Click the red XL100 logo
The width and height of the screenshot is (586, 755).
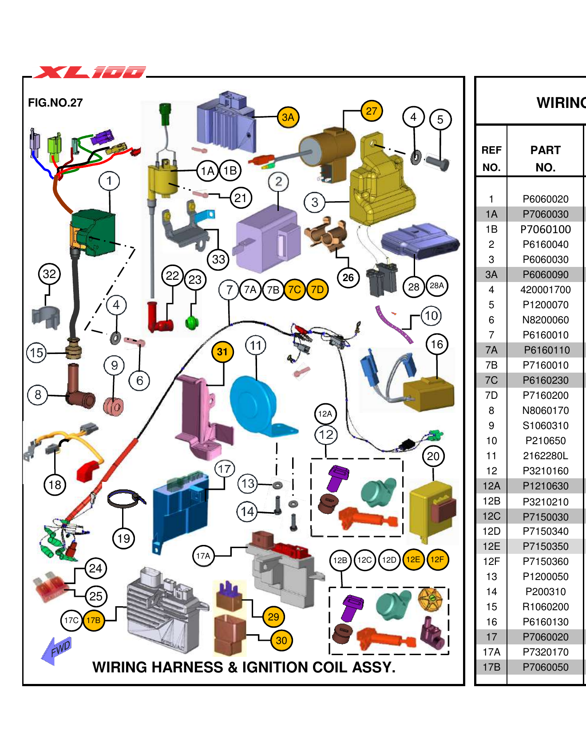click(90, 72)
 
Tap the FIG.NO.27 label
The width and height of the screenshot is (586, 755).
click(55, 103)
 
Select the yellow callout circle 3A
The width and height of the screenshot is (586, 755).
click(288, 117)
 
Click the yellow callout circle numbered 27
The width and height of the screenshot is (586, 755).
click(372, 111)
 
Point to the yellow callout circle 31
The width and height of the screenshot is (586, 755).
click(222, 352)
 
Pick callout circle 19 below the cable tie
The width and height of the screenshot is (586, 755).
click(123, 539)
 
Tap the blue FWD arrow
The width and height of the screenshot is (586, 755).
click(56, 651)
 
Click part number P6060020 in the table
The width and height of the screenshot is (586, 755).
click(545, 199)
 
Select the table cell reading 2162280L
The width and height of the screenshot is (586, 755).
click(545, 456)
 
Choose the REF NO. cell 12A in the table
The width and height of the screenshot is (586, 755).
click(491, 486)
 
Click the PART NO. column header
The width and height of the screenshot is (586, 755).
click(545, 159)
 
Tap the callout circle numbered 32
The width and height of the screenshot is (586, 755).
click(49, 274)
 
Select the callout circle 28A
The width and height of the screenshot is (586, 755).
click(437, 286)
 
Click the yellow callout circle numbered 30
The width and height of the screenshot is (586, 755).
click(281, 640)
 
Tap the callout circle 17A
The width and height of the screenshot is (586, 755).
click(203, 556)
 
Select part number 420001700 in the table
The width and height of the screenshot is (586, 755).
click(545, 290)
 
